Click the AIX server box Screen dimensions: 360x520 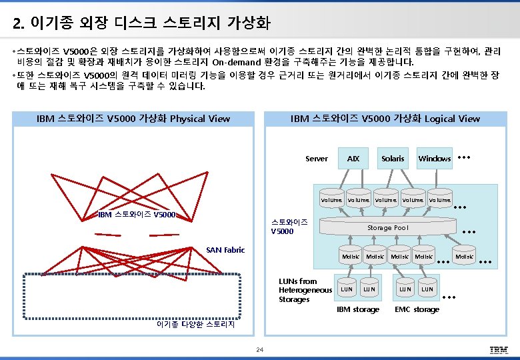tap(353, 159)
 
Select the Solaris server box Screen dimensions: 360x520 tap(393, 159)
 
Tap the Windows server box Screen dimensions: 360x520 tap(434, 159)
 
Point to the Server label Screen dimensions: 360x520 tap(316, 159)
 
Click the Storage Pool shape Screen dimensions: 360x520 tap(387, 228)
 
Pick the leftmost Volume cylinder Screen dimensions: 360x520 tap(331, 200)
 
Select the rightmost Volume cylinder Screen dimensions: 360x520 tap(439, 200)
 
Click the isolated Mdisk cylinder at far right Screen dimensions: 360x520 tap(464, 257)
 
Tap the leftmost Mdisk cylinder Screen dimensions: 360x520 tap(350, 257)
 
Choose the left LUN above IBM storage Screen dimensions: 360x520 tap(347, 289)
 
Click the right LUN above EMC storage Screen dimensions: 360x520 tap(427, 289)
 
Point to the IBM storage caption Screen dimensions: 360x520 tap(358, 309)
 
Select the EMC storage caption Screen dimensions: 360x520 tap(417, 309)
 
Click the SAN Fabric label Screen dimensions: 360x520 tap(225, 250)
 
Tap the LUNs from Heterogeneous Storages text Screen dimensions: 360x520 tap(305, 290)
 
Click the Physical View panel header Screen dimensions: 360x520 tap(133, 119)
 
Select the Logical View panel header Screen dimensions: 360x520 tap(385, 119)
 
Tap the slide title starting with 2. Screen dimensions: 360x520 tap(141, 24)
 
